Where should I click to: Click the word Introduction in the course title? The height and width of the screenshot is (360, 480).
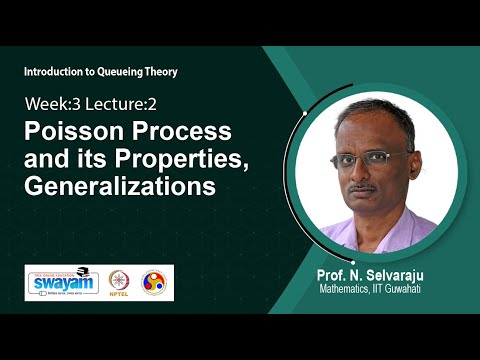coord(53,73)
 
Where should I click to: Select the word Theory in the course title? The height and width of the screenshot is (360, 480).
coord(175,73)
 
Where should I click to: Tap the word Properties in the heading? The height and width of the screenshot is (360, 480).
coord(213,159)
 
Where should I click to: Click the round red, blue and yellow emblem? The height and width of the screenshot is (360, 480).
coord(156,282)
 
